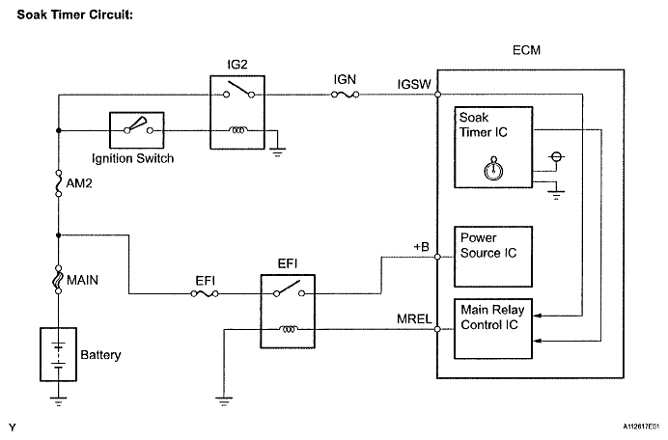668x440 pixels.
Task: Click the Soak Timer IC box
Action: [x=493, y=147]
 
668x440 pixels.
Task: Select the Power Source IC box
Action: [x=493, y=257]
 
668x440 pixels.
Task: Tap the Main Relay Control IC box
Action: [x=493, y=328]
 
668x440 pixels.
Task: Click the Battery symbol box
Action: [x=58, y=354]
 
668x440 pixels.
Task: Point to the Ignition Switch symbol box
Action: [x=137, y=130]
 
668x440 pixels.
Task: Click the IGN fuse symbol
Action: [x=345, y=95]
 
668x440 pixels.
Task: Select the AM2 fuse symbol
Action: [x=59, y=183]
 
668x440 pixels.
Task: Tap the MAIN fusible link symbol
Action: [x=59, y=280]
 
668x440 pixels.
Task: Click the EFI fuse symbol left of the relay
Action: [x=205, y=293]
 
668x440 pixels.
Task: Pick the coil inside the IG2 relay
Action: [x=237, y=130]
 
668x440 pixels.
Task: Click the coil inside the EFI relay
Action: [x=289, y=329]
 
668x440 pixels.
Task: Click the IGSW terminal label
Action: [x=414, y=84]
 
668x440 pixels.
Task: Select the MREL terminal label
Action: [x=414, y=318]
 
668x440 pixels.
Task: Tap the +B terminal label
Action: [x=421, y=247]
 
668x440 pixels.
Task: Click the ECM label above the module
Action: [x=526, y=50]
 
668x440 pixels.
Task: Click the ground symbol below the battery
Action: [x=58, y=401]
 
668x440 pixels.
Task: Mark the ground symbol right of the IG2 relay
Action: [x=277, y=152]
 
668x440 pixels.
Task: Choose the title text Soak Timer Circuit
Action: [x=75, y=14]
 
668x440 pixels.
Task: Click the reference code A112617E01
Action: [x=644, y=426]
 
